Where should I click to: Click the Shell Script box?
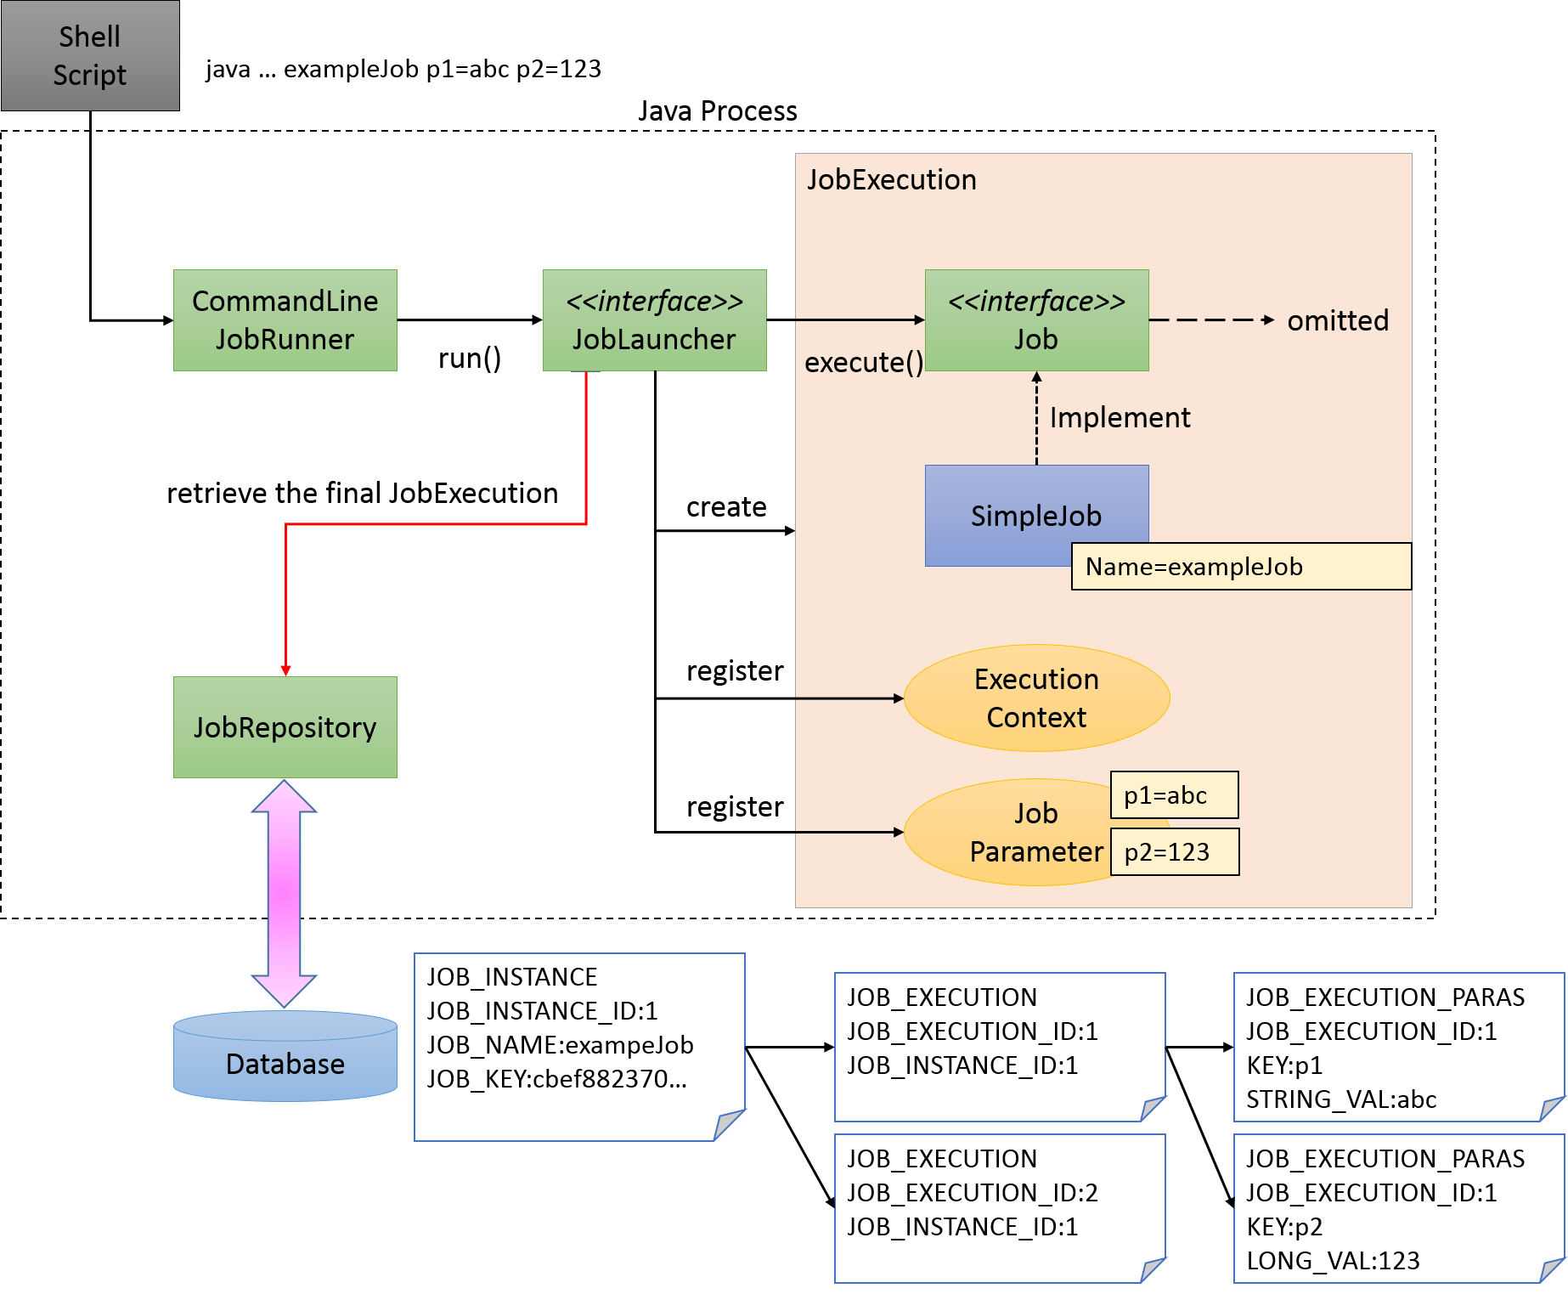point(90,55)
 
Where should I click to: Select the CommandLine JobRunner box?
point(285,320)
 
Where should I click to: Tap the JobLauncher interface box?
point(654,320)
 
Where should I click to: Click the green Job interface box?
point(1036,320)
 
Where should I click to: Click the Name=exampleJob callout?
point(1240,567)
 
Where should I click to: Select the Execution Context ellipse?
point(1036,698)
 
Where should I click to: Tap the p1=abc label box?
point(1174,795)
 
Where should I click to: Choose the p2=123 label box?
point(1174,852)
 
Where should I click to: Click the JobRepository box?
point(285,727)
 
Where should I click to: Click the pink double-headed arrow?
point(284,892)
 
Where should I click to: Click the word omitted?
point(1337,321)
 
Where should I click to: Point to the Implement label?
point(1120,418)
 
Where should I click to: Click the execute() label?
point(863,363)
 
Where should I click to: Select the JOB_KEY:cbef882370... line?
point(556,1079)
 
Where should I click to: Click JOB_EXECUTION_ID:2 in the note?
point(972,1193)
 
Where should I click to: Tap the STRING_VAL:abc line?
point(1340,1099)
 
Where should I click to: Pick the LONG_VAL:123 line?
point(1332,1261)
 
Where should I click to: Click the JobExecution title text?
point(891,180)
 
